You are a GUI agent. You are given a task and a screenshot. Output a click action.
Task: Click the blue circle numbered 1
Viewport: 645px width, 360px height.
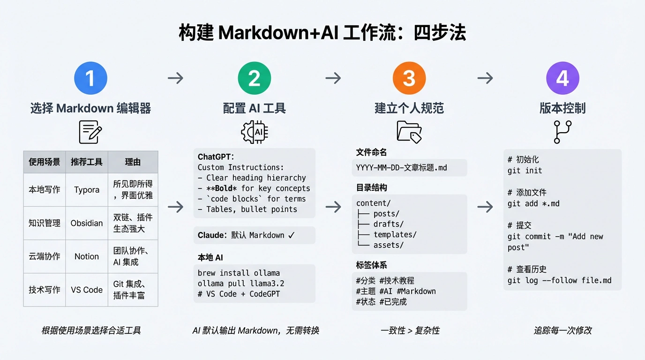coord(91,78)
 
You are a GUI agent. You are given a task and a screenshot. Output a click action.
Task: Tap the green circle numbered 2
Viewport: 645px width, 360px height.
coord(254,78)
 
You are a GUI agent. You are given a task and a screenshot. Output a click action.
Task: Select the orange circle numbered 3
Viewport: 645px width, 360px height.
coord(409,78)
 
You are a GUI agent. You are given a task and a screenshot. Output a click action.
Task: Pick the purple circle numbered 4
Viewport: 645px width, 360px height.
coord(562,78)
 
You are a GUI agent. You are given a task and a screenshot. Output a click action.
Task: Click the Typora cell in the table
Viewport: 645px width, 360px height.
coord(87,190)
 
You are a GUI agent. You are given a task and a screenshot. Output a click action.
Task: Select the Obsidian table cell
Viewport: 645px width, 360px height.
coord(87,223)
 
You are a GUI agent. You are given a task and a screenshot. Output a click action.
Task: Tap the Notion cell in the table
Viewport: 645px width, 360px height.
coord(87,256)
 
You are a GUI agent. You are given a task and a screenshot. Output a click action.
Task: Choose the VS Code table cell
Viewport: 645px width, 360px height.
coord(87,290)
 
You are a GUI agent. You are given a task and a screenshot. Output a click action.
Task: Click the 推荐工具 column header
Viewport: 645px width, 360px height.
coord(87,162)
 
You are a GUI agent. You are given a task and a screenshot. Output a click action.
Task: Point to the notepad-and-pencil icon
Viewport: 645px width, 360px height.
coord(90,132)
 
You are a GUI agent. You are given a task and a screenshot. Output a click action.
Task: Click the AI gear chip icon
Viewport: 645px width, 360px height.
coord(255,132)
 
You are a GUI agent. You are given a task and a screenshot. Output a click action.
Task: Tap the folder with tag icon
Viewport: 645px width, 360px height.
coord(409,132)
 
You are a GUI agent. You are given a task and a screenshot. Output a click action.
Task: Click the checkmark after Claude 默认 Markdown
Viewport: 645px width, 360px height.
coord(292,235)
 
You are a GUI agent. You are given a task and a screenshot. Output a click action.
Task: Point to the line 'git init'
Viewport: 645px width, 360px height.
coord(525,171)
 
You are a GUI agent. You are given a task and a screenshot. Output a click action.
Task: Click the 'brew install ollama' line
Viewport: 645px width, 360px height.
coord(239,273)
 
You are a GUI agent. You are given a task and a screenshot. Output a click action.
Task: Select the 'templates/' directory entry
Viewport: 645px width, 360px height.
coord(395,235)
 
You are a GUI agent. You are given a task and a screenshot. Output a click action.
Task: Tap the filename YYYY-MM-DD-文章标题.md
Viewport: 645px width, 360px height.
coord(401,168)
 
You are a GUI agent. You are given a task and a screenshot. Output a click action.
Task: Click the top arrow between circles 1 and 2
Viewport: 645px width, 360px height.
coord(175,78)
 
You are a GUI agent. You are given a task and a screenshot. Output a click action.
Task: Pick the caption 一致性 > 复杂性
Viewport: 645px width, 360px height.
coord(410,330)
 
